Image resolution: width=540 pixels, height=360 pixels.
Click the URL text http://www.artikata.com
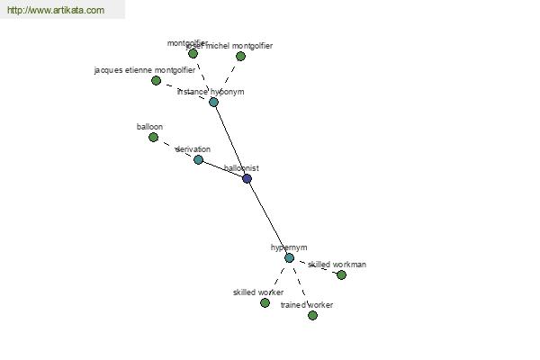pyautogui.click(x=56, y=11)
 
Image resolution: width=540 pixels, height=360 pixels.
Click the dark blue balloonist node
pyautogui.click(x=247, y=178)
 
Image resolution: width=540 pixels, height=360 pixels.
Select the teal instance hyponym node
pyautogui.click(x=213, y=102)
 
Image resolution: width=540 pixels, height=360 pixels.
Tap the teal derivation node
pyautogui.click(x=198, y=159)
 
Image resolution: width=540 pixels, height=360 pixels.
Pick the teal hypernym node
pyautogui.click(x=289, y=257)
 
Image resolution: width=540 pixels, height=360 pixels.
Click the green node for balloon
pyautogui.click(x=153, y=137)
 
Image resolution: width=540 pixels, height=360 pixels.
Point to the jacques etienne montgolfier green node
pyautogui.click(x=156, y=80)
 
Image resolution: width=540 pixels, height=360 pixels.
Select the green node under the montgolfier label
pyautogui.click(x=193, y=53)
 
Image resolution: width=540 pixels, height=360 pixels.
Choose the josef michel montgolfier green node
pyautogui.click(x=240, y=56)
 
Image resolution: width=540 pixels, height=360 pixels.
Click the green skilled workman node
pyautogui.click(x=341, y=274)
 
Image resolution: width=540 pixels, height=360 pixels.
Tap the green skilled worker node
pyautogui.click(x=265, y=302)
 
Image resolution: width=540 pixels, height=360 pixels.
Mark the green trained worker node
pyautogui.click(x=312, y=315)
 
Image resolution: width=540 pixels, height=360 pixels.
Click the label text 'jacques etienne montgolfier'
pyautogui.click(x=144, y=70)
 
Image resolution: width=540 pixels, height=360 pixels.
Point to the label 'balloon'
pyautogui.click(x=149, y=127)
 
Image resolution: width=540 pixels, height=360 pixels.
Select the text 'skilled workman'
pyautogui.click(x=337, y=265)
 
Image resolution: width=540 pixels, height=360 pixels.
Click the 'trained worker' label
pyautogui.click(x=307, y=305)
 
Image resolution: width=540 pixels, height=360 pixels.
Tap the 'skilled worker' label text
pyautogui.click(x=258, y=292)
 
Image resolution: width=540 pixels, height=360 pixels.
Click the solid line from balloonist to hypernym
pyautogui.click(x=268, y=218)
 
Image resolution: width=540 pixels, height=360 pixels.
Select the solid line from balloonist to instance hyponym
pyautogui.click(x=230, y=139)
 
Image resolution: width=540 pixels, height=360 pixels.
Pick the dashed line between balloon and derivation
pyautogui.click(x=175, y=148)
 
